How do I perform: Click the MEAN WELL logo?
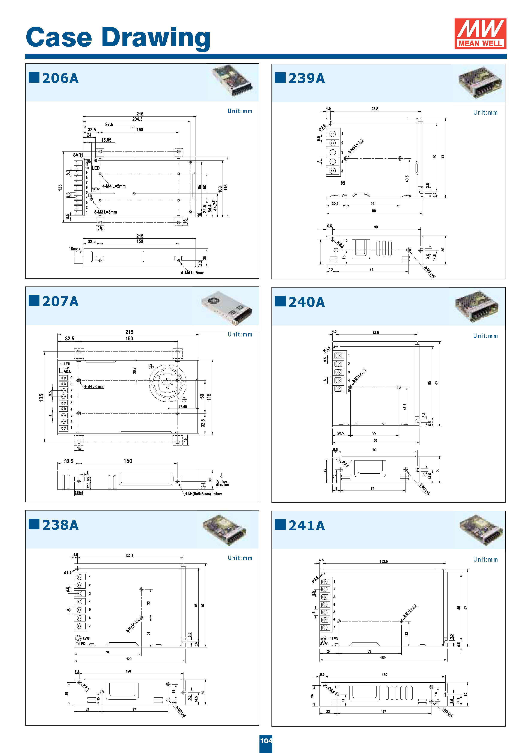(480, 33)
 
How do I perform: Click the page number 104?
(266, 741)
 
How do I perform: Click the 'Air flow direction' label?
(222, 483)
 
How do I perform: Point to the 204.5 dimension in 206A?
(137, 119)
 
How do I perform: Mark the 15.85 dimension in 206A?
(106, 140)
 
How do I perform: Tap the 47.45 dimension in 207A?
(182, 407)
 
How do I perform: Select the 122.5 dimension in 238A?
(129, 556)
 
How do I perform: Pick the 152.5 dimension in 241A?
(384, 561)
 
